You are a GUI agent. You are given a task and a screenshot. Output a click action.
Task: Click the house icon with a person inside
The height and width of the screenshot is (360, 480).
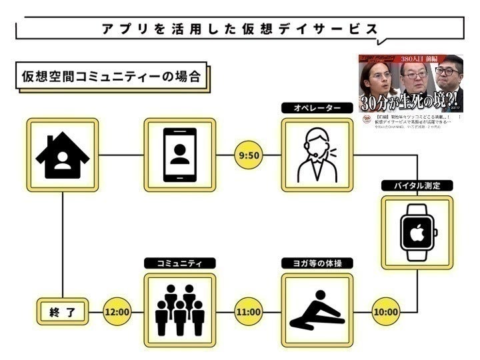[63, 155]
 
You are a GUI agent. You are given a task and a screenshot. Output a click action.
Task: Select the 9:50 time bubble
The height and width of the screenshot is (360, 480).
[248, 156]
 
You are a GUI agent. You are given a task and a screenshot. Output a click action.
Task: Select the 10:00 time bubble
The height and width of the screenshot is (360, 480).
[385, 311]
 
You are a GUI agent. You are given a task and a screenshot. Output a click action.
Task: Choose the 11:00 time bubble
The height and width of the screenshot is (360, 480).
[248, 311]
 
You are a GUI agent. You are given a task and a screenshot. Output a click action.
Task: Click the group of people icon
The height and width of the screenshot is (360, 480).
[179, 310]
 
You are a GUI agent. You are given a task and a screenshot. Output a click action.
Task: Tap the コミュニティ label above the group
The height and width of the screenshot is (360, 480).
[179, 263]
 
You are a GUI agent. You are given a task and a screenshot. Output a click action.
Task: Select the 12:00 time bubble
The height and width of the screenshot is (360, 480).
[117, 311]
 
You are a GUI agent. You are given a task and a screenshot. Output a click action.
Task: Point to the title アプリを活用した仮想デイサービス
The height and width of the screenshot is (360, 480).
[240, 29]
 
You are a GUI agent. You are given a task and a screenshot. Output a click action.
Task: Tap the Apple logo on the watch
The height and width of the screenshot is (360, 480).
[417, 233]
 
